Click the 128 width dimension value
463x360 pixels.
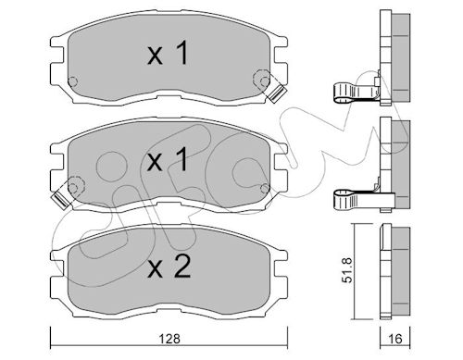click(169, 339)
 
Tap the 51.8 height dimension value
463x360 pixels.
click(348, 270)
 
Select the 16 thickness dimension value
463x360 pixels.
click(395, 339)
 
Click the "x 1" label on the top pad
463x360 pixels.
click(168, 54)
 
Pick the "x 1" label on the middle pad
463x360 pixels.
click(168, 159)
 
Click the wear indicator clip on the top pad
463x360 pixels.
click(277, 93)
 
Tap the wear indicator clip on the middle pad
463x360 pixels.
click(61, 201)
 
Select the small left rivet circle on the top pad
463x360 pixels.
click(73, 81)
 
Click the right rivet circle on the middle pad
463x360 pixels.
click(265, 188)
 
